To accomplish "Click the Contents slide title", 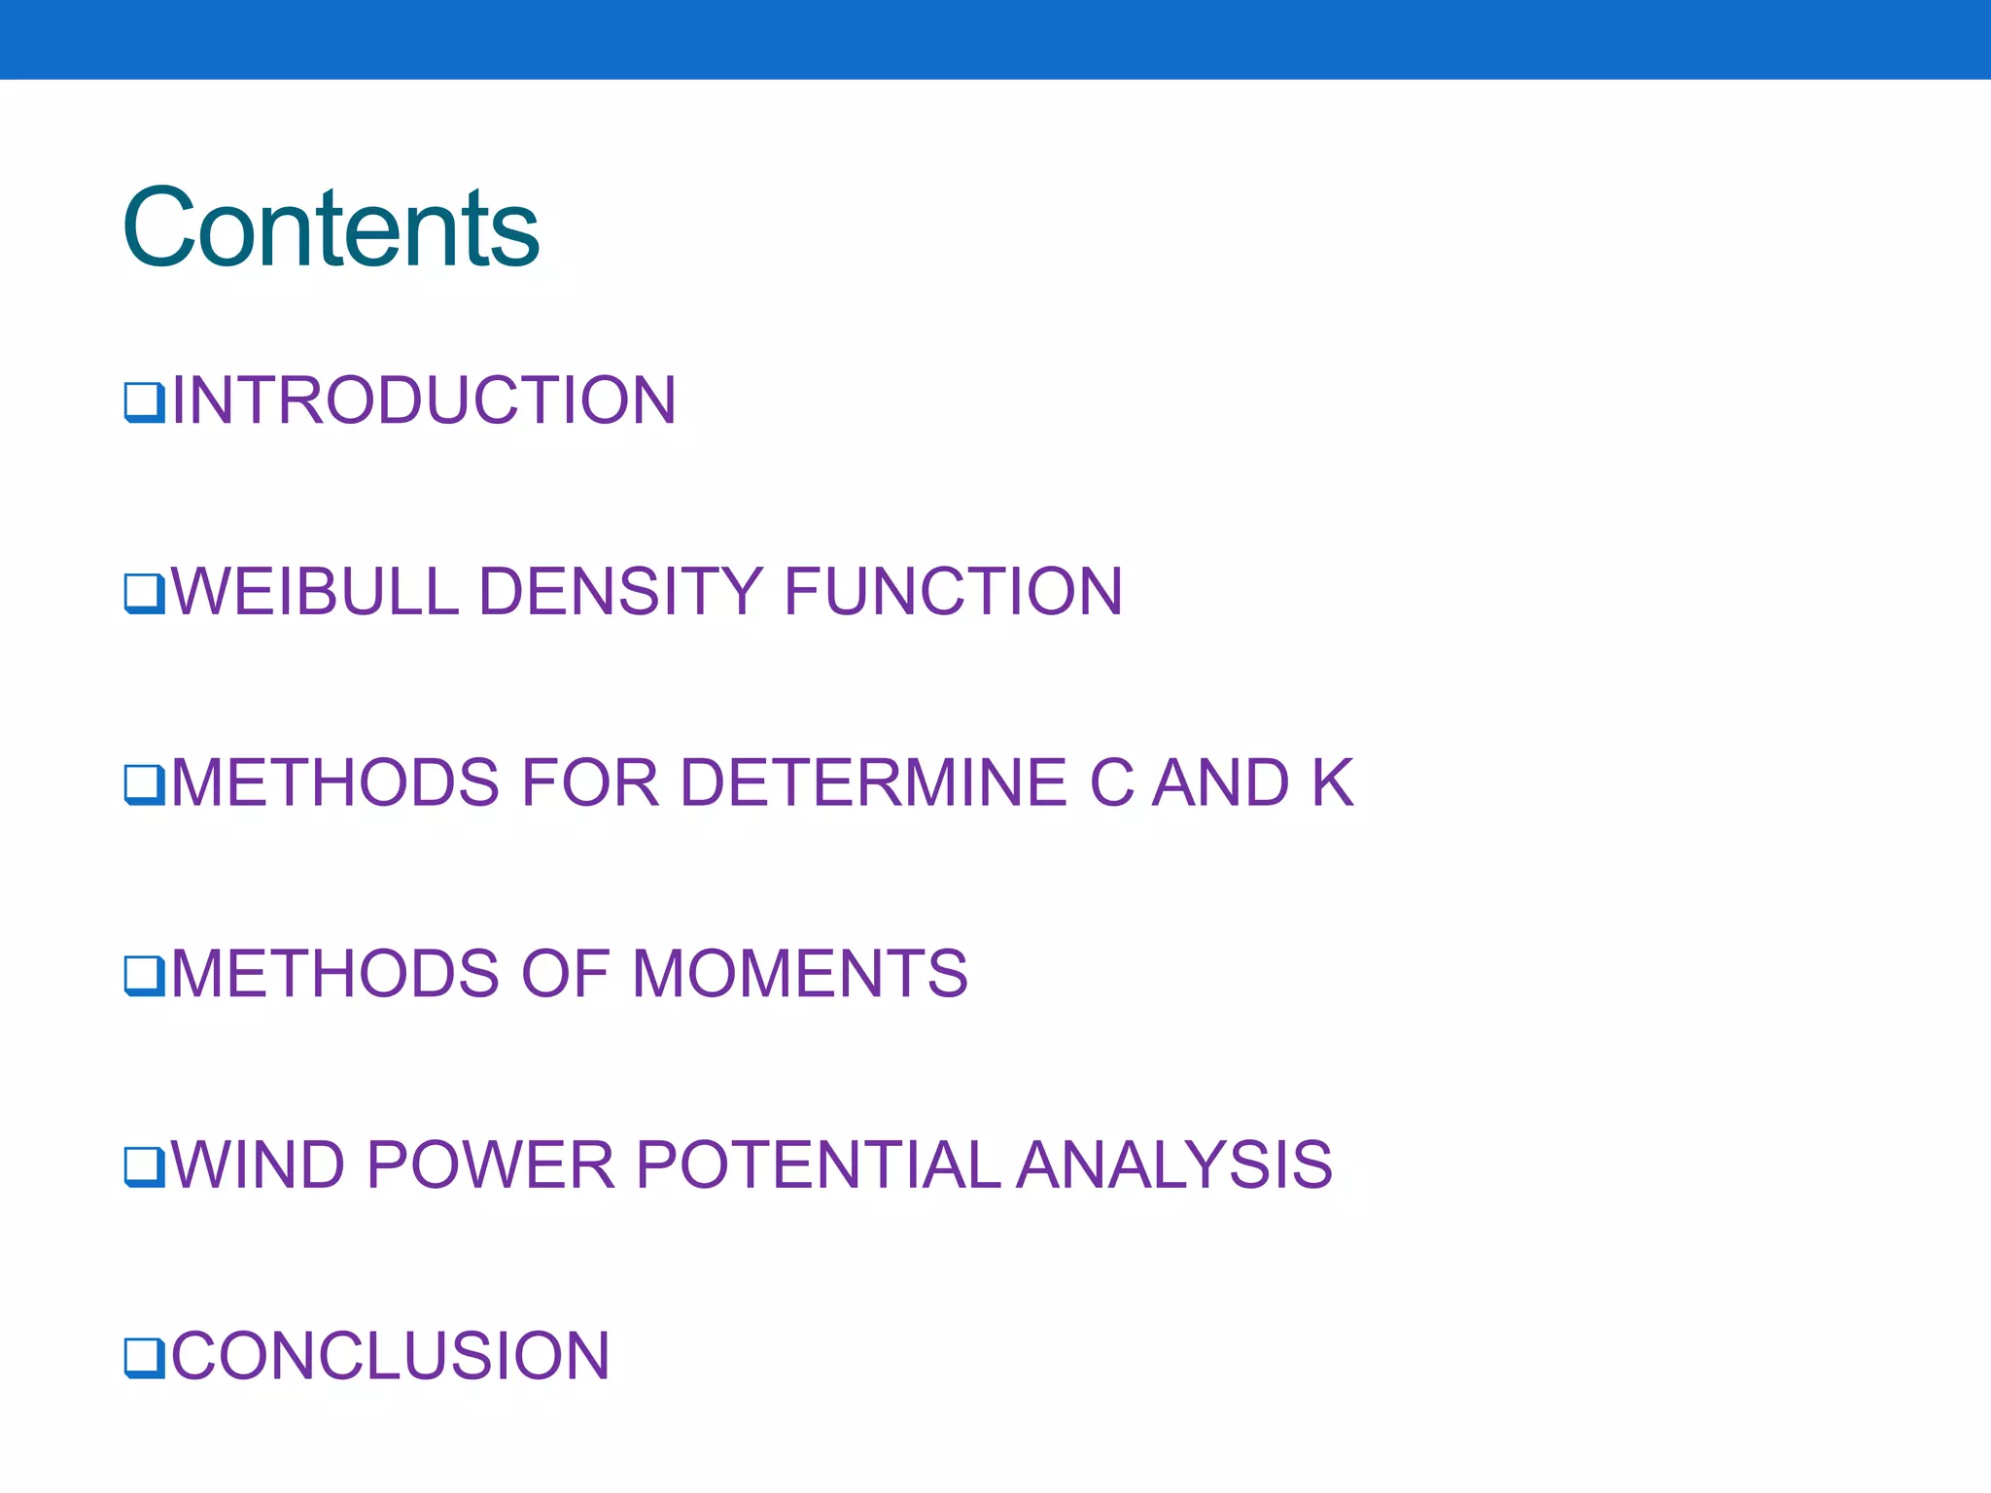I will (331, 228).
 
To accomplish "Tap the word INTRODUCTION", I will (424, 400).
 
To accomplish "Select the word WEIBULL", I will (314, 591).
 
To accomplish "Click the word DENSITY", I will (620, 591).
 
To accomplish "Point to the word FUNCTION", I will (953, 591).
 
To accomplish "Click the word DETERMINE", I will (873, 782).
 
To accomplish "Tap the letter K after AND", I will (1332, 782).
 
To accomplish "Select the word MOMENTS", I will (799, 974).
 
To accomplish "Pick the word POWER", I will (491, 1164).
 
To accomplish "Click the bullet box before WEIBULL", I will (144, 593).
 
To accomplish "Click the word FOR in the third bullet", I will (590, 782).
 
